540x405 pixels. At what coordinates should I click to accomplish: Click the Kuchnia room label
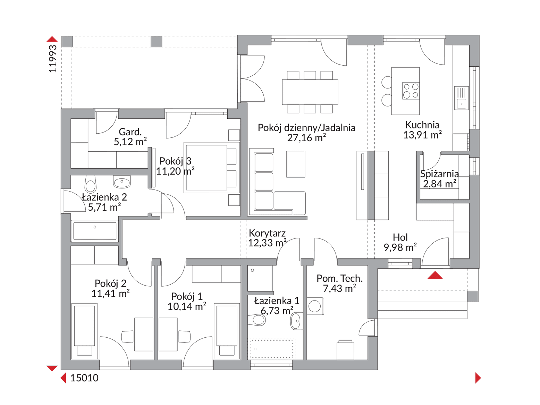pos(422,125)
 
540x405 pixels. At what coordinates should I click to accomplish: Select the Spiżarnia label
pos(439,174)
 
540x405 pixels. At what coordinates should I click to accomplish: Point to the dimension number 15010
pos(84,378)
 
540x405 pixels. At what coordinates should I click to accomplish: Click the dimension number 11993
pos(53,59)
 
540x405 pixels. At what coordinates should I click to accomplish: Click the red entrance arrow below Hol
pos(435,275)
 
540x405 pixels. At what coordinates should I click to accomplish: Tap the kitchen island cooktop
pos(411,91)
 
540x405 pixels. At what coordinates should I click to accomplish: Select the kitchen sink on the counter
pos(461,98)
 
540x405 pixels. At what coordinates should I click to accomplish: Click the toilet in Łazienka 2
pos(90,184)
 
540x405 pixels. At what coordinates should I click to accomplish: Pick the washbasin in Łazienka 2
pos(122,182)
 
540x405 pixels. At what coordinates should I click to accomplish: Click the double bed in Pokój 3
pos(212,168)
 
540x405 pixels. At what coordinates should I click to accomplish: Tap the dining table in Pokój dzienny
pos(310,92)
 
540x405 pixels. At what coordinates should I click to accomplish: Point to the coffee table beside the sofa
pos(296,164)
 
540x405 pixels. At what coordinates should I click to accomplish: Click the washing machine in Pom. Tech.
pos(316,306)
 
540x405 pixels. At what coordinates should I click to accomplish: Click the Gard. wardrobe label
pos(130,132)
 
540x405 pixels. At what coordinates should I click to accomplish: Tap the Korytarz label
pos(267,233)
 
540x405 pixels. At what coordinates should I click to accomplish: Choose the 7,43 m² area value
pos(339,288)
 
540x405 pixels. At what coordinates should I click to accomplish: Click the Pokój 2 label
pos(110,284)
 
